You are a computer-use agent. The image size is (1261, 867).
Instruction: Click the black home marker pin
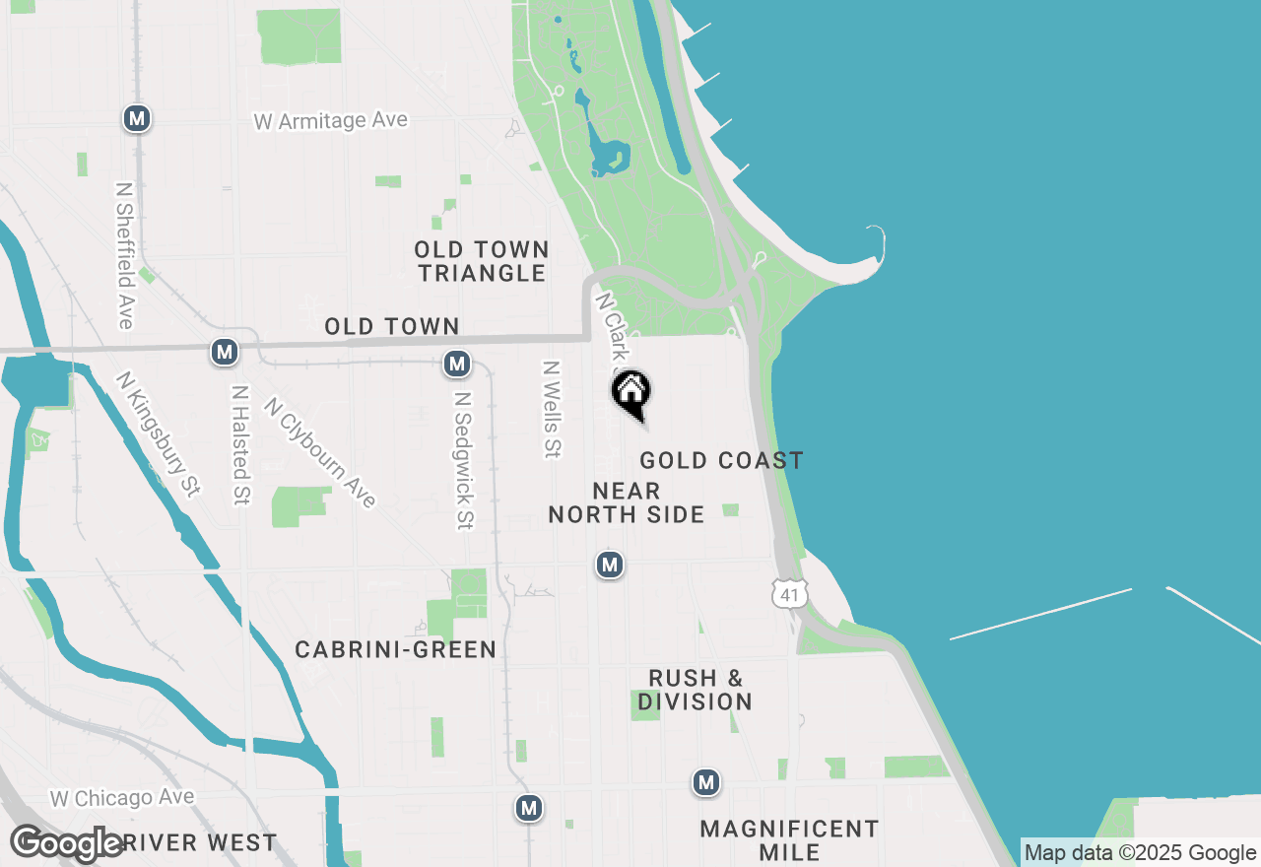631,393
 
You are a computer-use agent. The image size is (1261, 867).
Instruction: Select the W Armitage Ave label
330,121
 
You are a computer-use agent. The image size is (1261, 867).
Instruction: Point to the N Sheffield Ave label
124,255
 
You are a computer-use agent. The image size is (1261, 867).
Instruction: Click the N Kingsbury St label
158,433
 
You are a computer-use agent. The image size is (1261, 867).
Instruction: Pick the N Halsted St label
239,444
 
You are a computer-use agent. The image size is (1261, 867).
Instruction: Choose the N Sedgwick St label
463,460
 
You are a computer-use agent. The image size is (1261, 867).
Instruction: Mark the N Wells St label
551,409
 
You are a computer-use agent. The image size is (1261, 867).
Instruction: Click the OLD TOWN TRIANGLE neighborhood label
482,261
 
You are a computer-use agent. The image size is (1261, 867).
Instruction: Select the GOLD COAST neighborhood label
721,460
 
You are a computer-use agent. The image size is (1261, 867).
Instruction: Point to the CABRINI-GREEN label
396,649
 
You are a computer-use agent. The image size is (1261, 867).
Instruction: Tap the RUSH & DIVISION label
696,690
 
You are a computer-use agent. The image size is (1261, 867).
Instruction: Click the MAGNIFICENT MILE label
789,839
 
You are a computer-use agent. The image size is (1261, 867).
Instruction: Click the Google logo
67,843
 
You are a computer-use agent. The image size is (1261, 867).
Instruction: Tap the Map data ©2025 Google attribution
1140,853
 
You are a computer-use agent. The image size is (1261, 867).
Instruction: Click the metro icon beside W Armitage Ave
137,119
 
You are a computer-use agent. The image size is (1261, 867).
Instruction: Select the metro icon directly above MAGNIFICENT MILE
705,782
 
